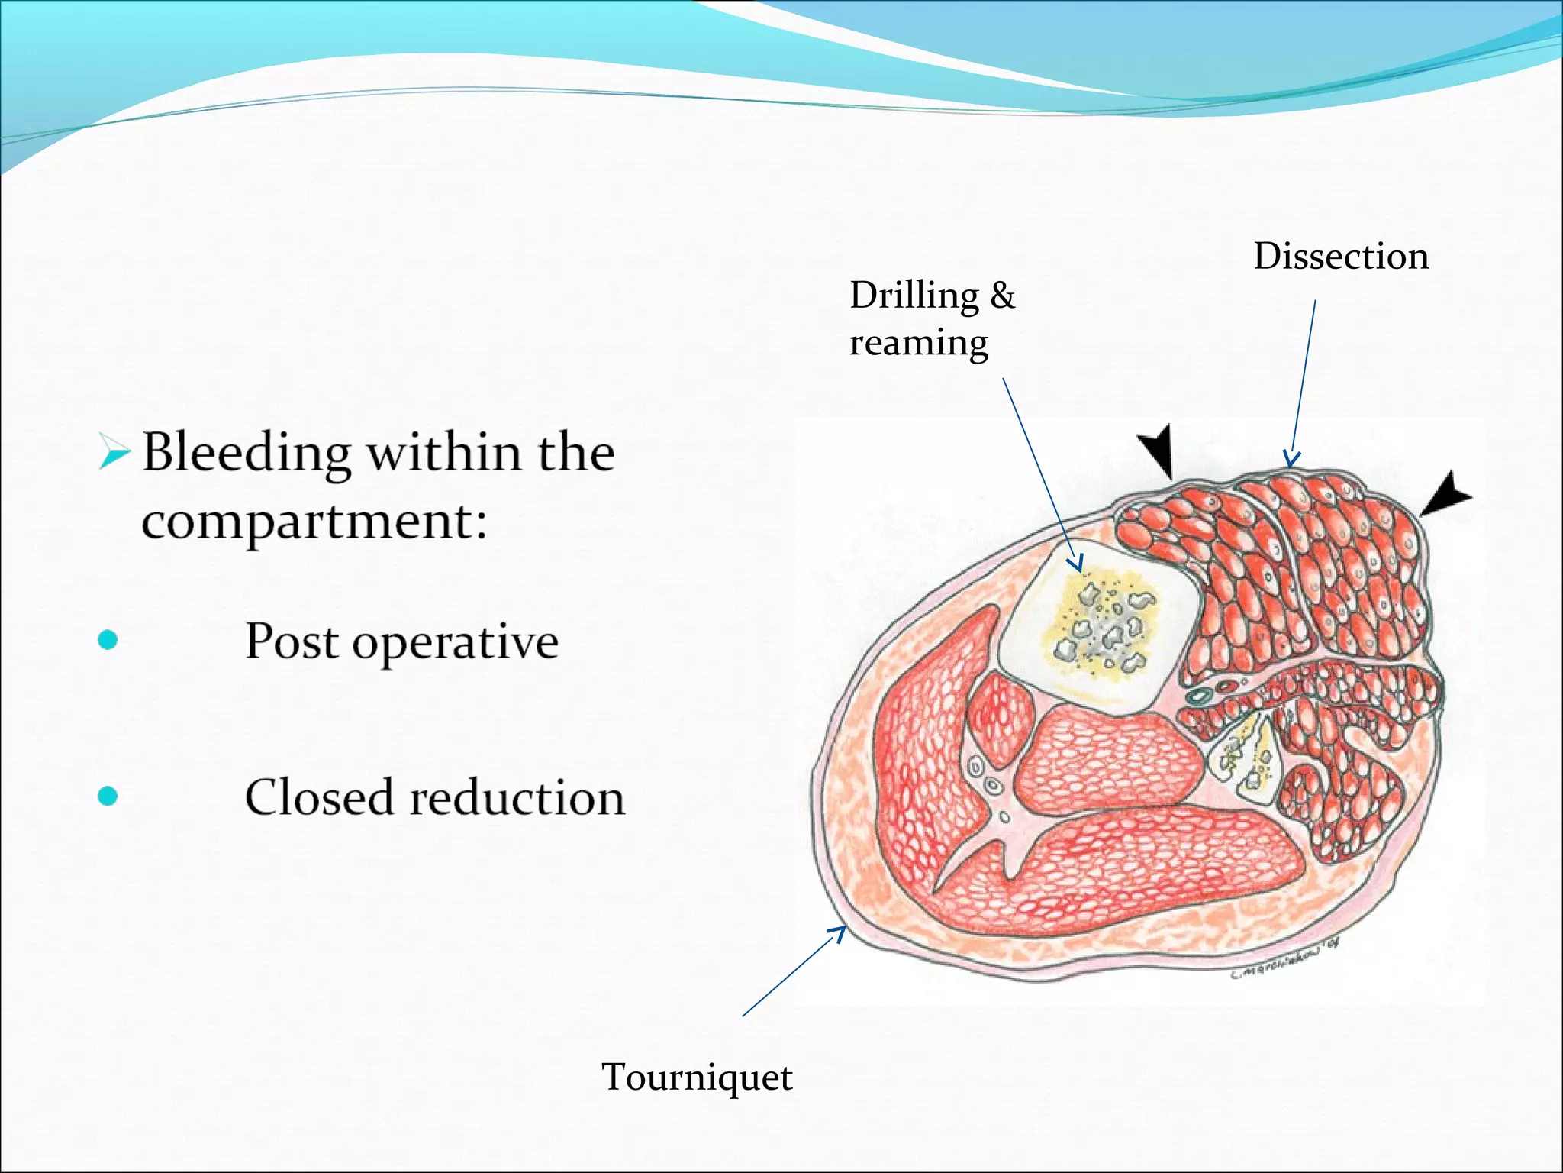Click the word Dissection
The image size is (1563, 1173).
1341,257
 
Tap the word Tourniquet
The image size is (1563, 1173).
697,1078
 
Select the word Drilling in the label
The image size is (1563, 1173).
914,296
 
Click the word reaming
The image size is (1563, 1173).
919,343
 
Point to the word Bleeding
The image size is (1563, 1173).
247,454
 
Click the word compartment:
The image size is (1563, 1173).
314,522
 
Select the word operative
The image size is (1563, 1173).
455,641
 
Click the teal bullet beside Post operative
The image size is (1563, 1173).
108,640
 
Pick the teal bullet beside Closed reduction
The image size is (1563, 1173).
108,797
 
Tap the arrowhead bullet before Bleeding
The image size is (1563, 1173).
114,453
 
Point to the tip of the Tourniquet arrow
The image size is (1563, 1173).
845,927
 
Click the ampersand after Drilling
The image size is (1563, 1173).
1002,295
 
